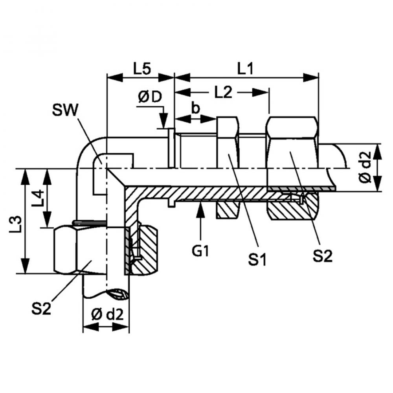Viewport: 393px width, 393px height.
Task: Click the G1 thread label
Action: (200, 250)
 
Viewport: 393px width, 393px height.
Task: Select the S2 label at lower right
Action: (322, 256)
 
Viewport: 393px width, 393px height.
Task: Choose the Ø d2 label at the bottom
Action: (107, 314)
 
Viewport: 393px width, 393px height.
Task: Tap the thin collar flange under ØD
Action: (171, 148)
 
